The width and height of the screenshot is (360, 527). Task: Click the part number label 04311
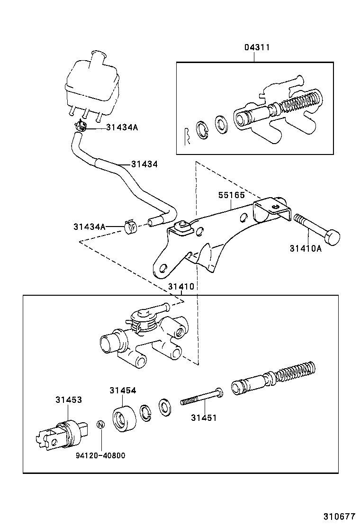(x=257, y=47)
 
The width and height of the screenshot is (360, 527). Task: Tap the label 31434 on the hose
(x=144, y=164)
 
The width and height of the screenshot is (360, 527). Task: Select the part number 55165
(x=231, y=195)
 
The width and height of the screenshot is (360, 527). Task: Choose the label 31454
(x=123, y=391)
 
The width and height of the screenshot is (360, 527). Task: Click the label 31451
(x=204, y=418)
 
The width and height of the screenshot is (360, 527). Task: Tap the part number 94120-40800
(x=100, y=455)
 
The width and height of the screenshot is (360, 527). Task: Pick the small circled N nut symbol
(x=100, y=424)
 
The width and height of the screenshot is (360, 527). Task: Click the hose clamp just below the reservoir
(x=81, y=126)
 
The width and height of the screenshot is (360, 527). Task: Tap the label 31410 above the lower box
(x=180, y=287)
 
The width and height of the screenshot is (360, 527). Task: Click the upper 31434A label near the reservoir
(x=122, y=127)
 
